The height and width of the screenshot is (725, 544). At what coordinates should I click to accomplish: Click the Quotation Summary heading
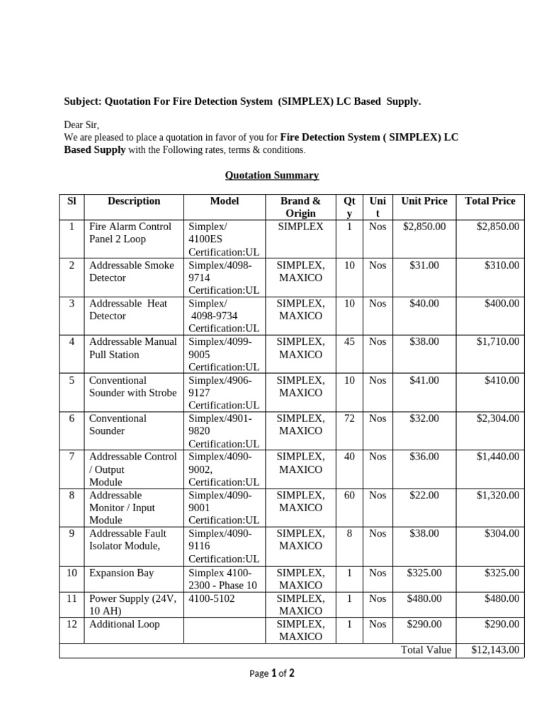[272, 175]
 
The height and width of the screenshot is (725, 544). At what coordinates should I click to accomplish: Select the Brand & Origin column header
[300, 207]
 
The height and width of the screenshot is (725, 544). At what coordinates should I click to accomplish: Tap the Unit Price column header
[424, 201]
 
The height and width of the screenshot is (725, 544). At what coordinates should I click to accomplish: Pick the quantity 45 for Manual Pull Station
[349, 342]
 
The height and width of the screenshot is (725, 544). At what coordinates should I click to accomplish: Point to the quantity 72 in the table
[349, 418]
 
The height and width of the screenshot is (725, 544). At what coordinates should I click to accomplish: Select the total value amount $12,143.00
[495, 650]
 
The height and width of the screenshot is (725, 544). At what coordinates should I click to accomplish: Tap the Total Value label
[426, 650]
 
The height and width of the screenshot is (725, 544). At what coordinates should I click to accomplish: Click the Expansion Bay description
[121, 573]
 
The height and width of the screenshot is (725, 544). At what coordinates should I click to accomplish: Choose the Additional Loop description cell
[124, 624]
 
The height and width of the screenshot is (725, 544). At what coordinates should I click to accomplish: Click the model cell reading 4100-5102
[212, 598]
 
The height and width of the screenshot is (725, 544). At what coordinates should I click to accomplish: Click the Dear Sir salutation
[81, 125]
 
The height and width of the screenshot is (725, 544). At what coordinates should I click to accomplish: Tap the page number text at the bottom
[272, 674]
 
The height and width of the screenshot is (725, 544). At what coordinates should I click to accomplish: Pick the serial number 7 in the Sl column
[72, 457]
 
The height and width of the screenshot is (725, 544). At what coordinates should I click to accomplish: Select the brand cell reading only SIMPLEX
[300, 227]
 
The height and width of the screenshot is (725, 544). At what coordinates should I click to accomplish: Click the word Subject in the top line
[81, 102]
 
